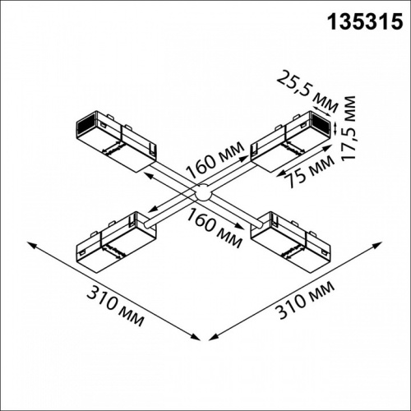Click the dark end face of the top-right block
click(x=326, y=125)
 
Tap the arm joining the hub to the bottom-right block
click(x=233, y=212)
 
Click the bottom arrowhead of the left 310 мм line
click(x=197, y=337)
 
